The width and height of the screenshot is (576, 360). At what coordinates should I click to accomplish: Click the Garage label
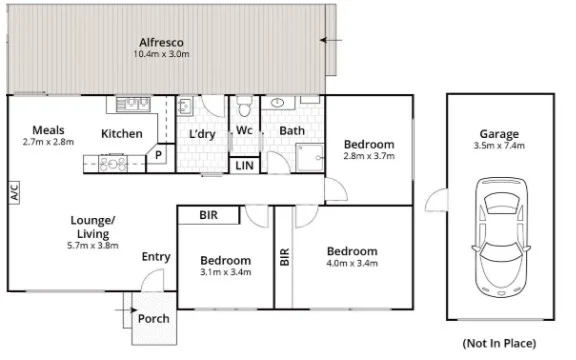[x=497, y=133]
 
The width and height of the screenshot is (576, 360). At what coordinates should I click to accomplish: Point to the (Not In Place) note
[x=498, y=343]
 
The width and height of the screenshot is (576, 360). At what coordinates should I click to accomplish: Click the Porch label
[x=153, y=320]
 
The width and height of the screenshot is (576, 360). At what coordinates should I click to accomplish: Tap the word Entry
[x=155, y=257]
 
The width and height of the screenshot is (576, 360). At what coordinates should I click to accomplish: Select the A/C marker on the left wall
[x=14, y=193]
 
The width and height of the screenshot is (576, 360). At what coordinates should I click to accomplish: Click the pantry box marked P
[x=158, y=156]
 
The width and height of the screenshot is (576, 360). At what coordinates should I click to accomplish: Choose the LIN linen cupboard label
[x=244, y=165]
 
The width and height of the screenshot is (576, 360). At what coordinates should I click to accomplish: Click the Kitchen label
[x=122, y=133]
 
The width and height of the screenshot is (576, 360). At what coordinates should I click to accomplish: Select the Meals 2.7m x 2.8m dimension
[x=48, y=143]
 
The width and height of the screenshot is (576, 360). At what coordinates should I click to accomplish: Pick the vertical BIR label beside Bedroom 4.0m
[x=284, y=256]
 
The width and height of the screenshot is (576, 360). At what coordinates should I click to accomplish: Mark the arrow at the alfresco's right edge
[x=328, y=40]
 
